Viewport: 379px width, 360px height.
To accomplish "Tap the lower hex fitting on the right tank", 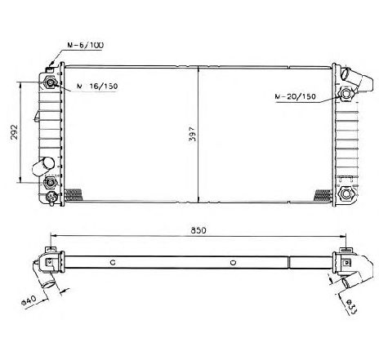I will point(346,194).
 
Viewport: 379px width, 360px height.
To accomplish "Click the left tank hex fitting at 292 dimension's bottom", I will point(51,183).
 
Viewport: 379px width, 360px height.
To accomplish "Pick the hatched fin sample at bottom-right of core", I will point(319,193).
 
